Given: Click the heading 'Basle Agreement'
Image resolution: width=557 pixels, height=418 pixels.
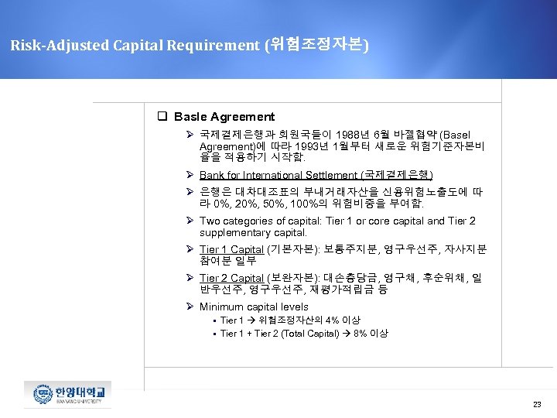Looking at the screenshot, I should pos(224,117).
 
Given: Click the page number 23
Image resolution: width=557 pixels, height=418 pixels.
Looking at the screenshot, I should pos(537,405).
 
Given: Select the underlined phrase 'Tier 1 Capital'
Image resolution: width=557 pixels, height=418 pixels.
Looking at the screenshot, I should pos(231,249).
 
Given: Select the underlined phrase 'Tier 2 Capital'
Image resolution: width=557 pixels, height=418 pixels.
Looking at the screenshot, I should pos(231,278).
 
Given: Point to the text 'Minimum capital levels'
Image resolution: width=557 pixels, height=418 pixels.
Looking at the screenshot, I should pos(254,307).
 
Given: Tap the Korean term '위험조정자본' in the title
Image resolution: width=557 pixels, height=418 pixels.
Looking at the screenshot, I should pos(316,45).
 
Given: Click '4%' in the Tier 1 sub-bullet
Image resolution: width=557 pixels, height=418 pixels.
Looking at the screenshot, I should pos(332,320).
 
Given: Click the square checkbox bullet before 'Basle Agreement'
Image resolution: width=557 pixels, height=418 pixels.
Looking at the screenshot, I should pos(163,117).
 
